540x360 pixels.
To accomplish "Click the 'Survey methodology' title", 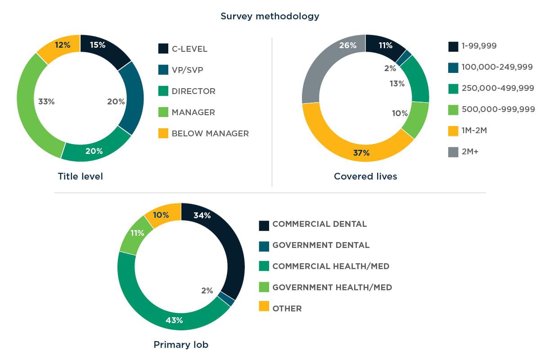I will (270, 16).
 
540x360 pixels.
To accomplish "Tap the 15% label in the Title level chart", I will (98, 45).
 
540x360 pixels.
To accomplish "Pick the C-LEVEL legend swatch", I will (163, 49).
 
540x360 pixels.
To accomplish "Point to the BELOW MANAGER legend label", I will (210, 133).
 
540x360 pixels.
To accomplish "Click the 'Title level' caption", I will (80, 176).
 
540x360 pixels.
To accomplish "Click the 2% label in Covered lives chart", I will (390, 68).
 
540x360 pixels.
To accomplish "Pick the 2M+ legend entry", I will (470, 152).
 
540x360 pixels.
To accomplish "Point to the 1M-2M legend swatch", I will (453, 131).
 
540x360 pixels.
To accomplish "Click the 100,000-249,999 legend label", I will (497, 67).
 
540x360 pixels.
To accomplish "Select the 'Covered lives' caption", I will (365, 176).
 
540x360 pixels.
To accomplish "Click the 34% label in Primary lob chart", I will (202, 216).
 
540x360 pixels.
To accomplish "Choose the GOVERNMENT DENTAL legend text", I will (321, 245).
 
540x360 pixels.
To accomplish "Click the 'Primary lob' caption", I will (181, 345).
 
